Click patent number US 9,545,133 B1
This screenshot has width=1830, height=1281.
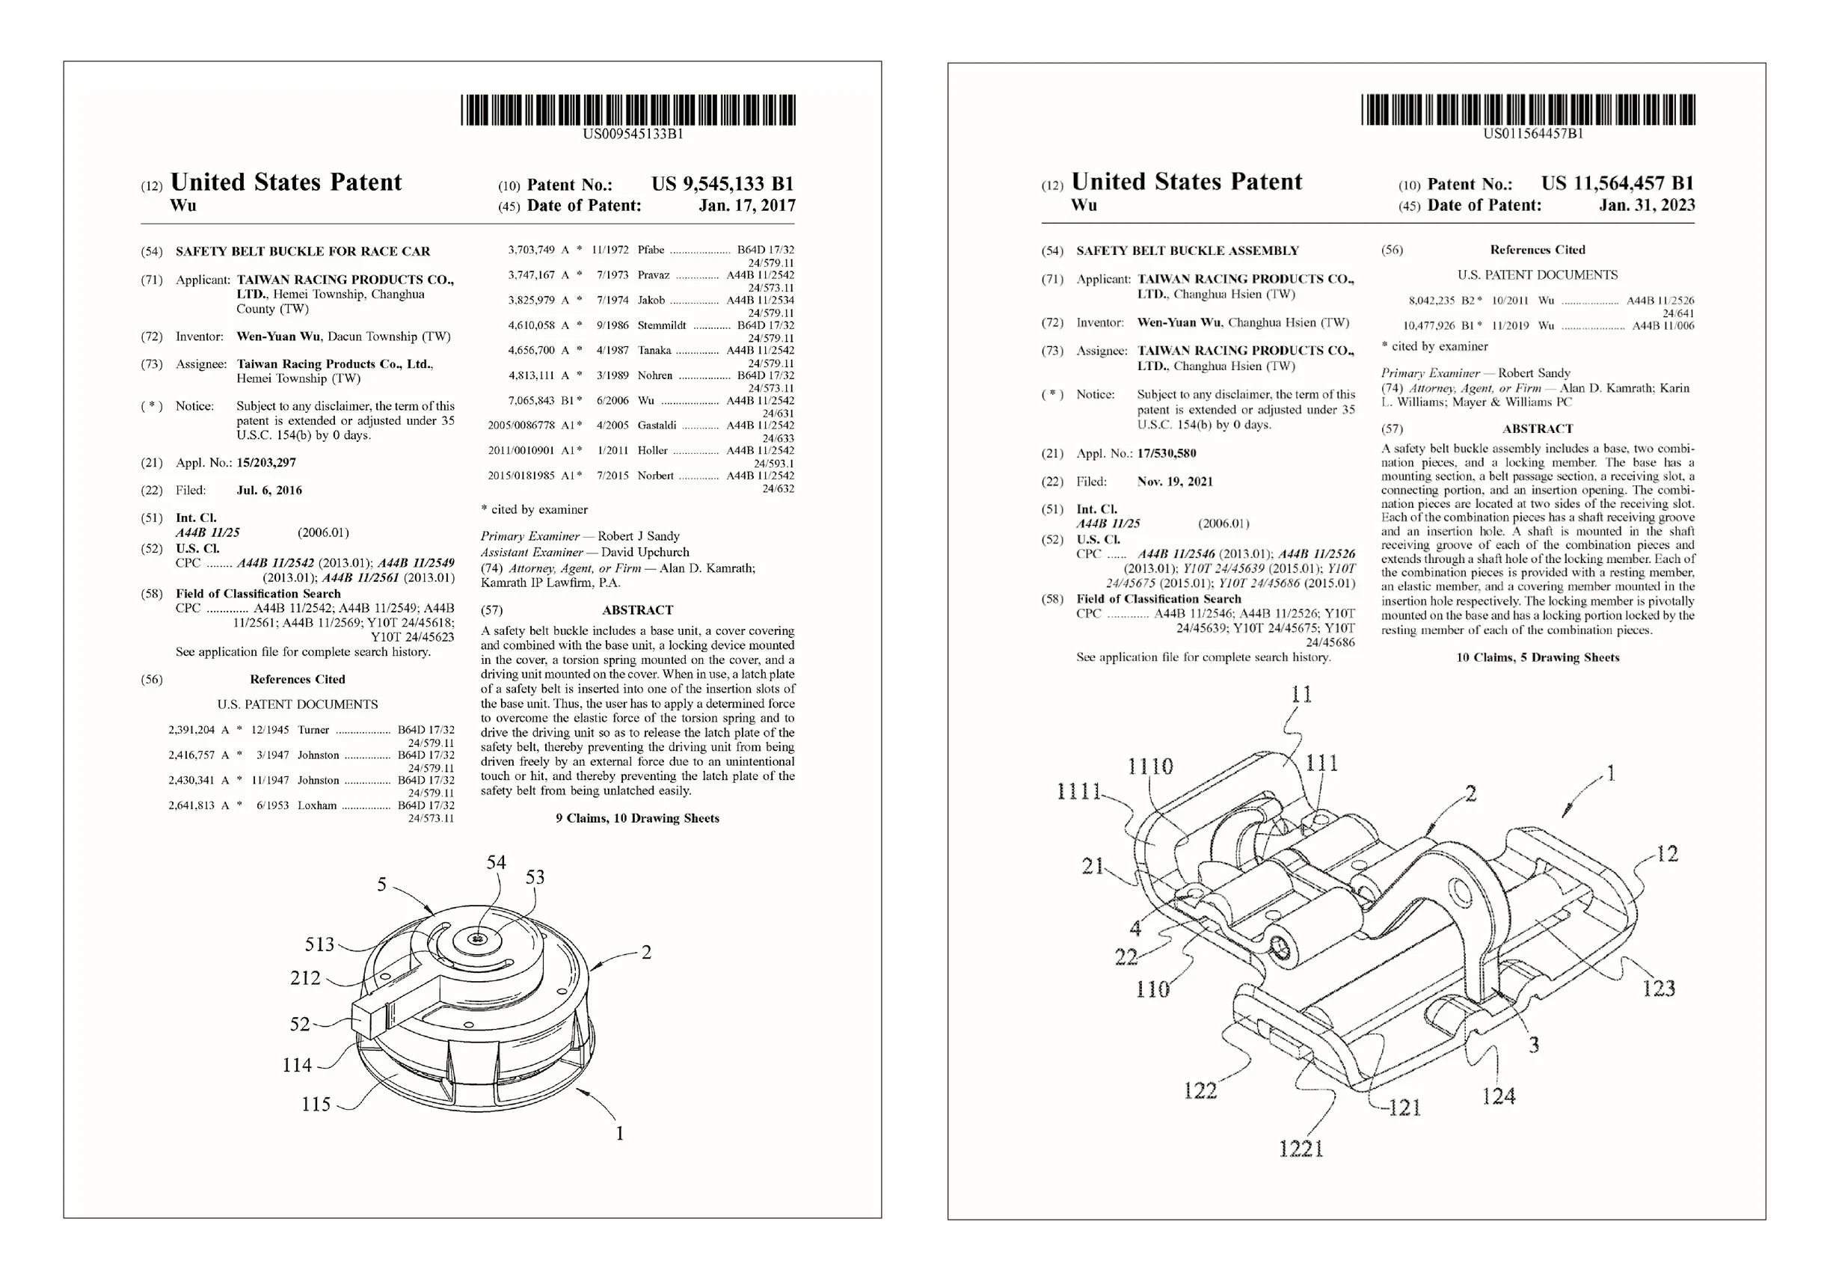(722, 184)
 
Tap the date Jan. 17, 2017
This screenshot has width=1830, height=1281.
(746, 206)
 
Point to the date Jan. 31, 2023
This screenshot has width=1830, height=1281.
(1647, 205)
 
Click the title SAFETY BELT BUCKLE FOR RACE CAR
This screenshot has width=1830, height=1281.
(303, 251)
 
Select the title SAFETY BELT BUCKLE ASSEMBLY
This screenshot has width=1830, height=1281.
(1187, 251)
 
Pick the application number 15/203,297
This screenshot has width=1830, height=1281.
(266, 462)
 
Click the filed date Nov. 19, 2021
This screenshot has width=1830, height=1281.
(1175, 482)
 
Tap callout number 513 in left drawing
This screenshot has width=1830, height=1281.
(319, 944)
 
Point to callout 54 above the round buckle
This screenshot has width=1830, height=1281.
(496, 861)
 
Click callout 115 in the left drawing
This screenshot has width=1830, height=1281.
(316, 1104)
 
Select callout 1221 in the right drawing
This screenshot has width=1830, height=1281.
(1301, 1149)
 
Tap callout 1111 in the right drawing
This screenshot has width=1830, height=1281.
(1079, 791)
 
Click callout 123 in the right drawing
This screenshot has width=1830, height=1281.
(1659, 989)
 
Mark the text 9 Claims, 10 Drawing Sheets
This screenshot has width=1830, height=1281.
(637, 818)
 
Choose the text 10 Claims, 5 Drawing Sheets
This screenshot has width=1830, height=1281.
(1538, 657)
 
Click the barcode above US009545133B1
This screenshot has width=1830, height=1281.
(628, 110)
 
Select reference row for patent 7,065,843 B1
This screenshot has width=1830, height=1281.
(641, 401)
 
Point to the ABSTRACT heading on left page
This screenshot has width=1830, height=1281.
(637, 609)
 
